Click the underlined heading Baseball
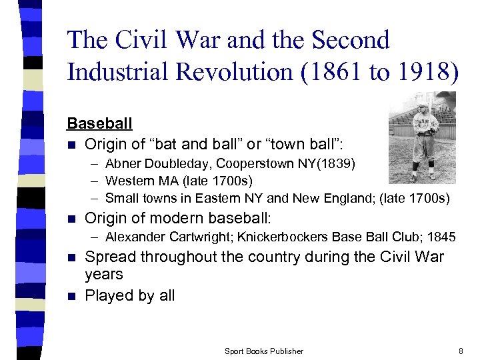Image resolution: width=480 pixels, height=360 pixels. (99, 123)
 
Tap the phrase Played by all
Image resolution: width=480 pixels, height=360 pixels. (129, 295)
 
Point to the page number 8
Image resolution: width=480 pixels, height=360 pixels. (461, 351)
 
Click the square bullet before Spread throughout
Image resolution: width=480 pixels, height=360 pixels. (71, 257)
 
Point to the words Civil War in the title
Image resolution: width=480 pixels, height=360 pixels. (173, 40)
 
